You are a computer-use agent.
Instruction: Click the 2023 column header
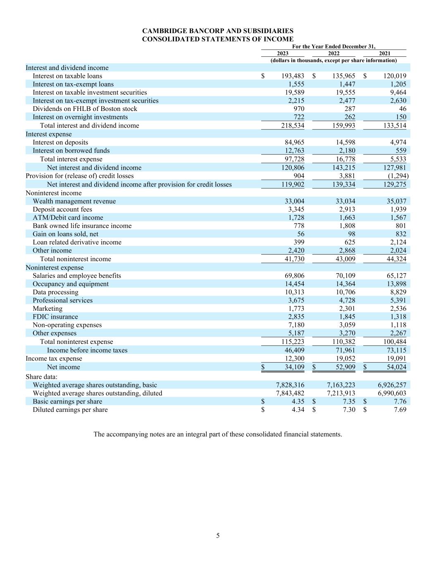point(283,53)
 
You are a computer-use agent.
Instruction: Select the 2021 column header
point(385,53)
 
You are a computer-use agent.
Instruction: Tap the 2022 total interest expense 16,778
point(344,159)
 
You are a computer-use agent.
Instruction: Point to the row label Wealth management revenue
point(74,201)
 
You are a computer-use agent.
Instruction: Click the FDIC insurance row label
point(55,317)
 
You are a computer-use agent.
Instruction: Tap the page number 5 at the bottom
point(218,536)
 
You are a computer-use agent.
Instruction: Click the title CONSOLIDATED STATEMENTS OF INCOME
point(218,39)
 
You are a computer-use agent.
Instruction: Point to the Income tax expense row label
point(54,358)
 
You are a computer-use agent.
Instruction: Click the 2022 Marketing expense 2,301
point(346,309)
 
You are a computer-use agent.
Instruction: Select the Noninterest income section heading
point(54,193)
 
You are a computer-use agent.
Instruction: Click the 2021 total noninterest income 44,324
point(395,259)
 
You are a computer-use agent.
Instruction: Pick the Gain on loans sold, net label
point(66,234)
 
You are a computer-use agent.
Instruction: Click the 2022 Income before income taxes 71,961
point(344,350)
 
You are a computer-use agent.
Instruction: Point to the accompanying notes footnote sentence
point(218,434)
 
